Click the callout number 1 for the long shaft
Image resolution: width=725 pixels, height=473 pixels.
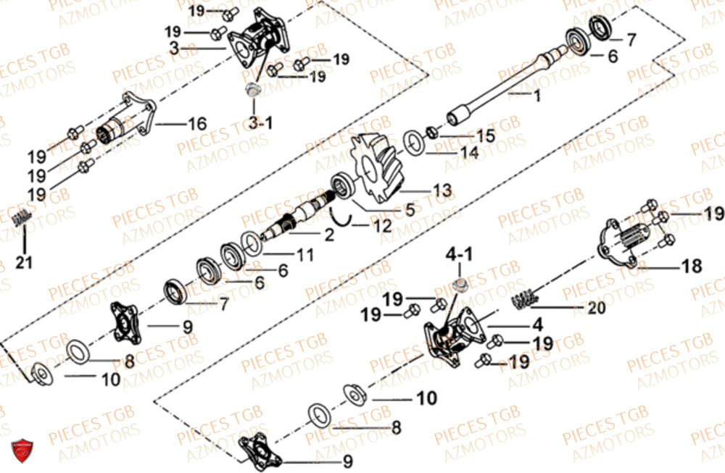(x=537, y=96)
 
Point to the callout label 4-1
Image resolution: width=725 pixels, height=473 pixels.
(x=464, y=256)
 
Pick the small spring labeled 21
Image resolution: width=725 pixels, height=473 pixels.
(x=23, y=217)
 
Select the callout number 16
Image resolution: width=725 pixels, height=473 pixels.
(x=197, y=124)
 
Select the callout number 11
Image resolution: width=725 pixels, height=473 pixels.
(x=304, y=255)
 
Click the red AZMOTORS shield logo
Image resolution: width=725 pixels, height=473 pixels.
(x=22, y=450)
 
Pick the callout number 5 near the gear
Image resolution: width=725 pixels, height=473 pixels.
(x=410, y=211)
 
